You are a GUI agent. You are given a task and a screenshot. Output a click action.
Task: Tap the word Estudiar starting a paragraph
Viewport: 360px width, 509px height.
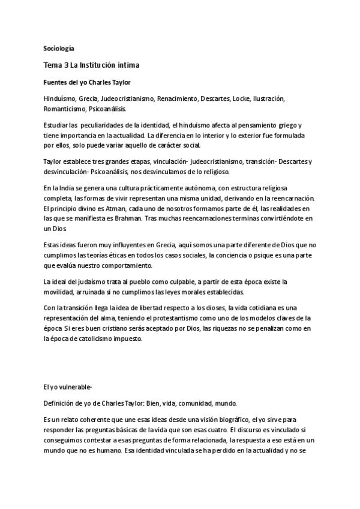click(x=56, y=125)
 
